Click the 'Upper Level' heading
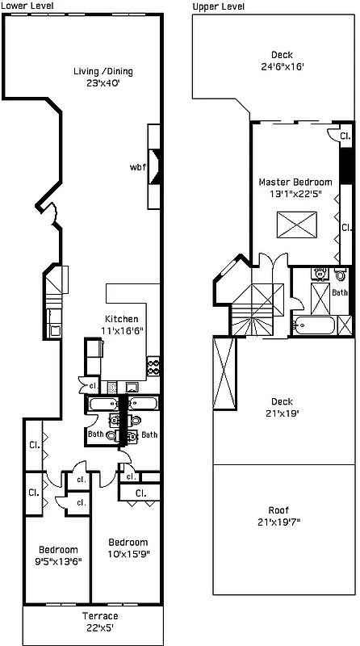(219, 6)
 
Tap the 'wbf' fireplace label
(137, 168)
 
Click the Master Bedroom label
(295, 182)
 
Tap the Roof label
(281, 510)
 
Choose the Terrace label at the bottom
(100, 616)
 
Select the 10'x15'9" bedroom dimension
(128, 553)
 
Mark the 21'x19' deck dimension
(281, 413)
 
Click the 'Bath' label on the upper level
(339, 292)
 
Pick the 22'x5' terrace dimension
(100, 627)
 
